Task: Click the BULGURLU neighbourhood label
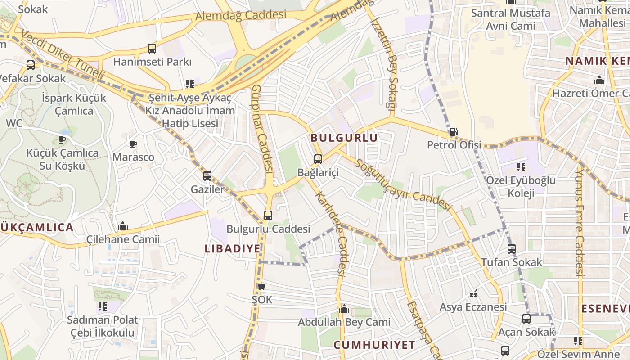[x=344, y=138]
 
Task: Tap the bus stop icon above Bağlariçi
[x=318, y=159]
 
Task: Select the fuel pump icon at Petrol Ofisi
[x=454, y=132]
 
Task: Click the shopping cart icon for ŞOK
[x=261, y=286]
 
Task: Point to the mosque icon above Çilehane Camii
[x=122, y=226]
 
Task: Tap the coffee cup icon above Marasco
[x=133, y=144]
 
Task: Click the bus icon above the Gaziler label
[x=207, y=176]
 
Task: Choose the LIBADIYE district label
[x=233, y=248]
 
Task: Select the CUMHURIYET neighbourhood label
[x=374, y=345]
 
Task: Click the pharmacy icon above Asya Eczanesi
[x=473, y=294]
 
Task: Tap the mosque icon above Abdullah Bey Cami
[x=344, y=309]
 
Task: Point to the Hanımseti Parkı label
[x=152, y=62]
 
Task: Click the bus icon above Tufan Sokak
[x=511, y=248]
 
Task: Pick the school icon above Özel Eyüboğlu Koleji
[x=521, y=167]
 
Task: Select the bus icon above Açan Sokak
[x=526, y=319]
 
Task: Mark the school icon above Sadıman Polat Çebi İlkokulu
[x=103, y=306]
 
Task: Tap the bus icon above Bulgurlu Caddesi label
[x=268, y=215]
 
